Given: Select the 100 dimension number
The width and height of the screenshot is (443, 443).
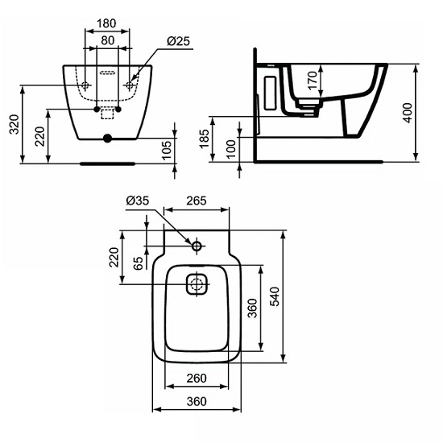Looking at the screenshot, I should click(233, 149).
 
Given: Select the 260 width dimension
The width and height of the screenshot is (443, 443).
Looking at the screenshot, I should click(197, 378).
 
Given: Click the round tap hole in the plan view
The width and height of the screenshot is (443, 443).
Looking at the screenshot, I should click(197, 246).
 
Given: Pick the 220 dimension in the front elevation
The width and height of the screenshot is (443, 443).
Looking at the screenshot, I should click(39, 136).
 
